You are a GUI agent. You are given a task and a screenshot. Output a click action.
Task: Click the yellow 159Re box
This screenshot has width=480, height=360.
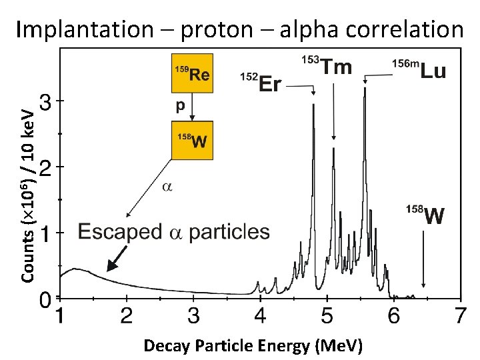pos(192,73)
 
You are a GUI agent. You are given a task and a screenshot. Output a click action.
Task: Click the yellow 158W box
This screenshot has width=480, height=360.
pos(192,140)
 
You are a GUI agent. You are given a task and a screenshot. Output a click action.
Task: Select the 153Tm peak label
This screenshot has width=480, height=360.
pos(328,66)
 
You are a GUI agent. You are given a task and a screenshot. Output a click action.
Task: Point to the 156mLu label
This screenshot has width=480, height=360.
pos(419,69)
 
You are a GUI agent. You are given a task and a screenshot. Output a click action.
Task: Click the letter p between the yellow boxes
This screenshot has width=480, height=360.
pos(179,105)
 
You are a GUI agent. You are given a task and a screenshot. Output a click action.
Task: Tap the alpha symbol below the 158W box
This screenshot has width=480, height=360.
pos(167,187)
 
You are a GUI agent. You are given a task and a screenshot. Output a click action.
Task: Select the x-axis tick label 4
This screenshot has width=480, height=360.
pos(260,315)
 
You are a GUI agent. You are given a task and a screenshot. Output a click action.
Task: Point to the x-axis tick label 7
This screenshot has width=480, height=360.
pos(459,315)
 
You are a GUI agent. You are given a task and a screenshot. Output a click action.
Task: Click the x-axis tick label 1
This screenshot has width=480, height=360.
pos(59,315)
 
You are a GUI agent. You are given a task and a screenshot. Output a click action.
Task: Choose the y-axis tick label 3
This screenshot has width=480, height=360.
pos(44,102)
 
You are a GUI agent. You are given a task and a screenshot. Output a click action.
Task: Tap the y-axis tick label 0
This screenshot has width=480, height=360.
pos(44,299)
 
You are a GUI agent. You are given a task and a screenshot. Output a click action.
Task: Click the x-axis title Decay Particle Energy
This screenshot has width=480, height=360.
pos(253,345)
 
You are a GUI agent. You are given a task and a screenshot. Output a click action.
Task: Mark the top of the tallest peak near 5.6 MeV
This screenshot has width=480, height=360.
pos(365,89)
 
